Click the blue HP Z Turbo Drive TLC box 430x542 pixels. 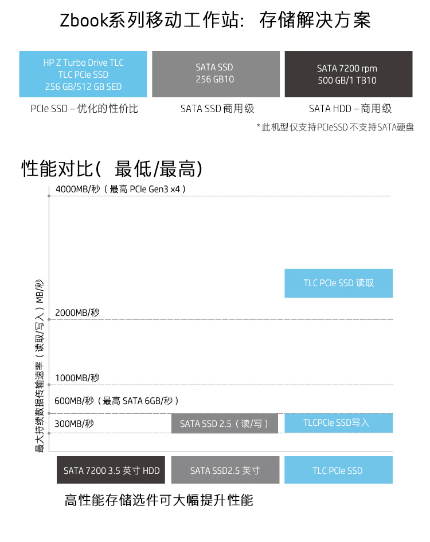click(83, 74)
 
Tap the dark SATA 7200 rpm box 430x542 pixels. click(348, 74)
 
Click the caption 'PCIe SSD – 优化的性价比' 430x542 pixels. click(84, 108)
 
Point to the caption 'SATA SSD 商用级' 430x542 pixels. click(217, 108)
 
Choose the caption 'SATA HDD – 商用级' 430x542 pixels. click(350, 108)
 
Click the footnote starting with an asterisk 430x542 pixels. click(335, 127)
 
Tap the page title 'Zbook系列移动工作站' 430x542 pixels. click(215, 21)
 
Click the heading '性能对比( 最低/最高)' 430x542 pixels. click(112, 169)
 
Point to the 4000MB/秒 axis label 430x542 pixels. click(120, 189)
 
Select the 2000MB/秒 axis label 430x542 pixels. click(77, 312)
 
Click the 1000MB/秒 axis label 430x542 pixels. click(77, 378)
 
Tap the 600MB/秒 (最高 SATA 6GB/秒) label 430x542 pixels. click(117, 401)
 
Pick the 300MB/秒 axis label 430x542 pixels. click(74, 424)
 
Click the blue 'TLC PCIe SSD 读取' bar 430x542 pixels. click(338, 283)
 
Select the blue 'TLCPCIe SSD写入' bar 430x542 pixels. click(338, 423)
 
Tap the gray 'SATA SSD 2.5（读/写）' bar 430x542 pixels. click(224, 424)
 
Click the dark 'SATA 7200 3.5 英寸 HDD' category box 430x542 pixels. click(111, 470)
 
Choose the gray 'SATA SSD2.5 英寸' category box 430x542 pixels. click(225, 470)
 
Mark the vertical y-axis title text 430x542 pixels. click(40, 366)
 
